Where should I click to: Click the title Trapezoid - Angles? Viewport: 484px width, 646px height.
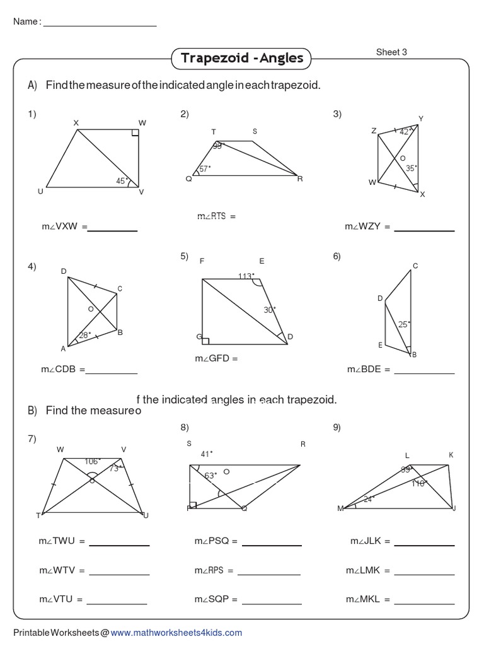(242, 59)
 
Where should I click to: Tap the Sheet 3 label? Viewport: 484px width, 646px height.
(391, 52)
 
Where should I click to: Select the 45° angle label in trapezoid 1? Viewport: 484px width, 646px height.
(122, 180)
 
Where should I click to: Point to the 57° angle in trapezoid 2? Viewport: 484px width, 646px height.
(205, 169)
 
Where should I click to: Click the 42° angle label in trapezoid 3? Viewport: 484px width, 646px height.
(406, 132)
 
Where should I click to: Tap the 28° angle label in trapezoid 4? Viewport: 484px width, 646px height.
(85, 335)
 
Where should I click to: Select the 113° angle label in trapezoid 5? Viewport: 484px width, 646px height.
(246, 276)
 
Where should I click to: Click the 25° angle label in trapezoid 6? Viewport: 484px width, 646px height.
(404, 324)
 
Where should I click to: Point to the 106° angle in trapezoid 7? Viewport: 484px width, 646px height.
(93, 461)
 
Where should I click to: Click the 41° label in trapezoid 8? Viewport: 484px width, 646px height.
(207, 453)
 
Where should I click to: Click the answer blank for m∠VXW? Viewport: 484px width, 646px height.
(112, 230)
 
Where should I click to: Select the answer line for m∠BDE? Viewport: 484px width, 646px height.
(424, 373)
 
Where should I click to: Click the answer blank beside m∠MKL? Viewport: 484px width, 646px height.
(424, 603)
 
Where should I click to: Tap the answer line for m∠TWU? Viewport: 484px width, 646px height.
(120, 544)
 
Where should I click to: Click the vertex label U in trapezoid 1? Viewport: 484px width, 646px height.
(40, 192)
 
